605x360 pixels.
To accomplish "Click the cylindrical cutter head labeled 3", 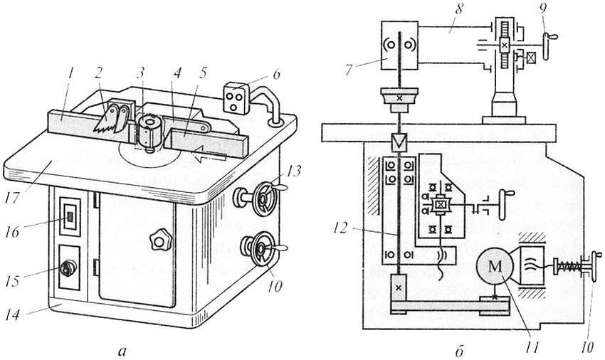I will point(147,132).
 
